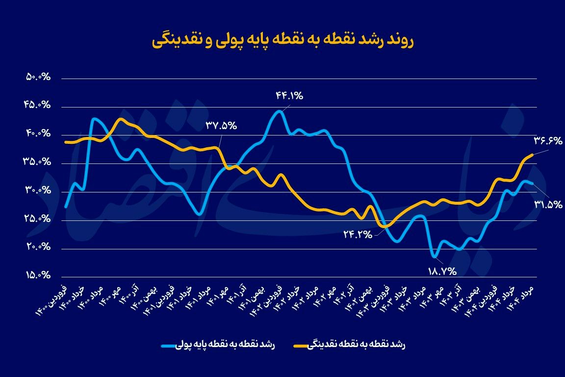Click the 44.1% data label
pos(289,96)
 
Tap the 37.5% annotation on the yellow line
pos(221,126)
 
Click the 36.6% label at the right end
pos(548,141)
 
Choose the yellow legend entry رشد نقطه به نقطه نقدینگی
pos(350,345)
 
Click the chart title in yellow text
pos(282,41)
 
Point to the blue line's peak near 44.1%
pos(279,111)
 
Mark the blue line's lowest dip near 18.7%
pos(434,256)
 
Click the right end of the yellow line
pos(533,155)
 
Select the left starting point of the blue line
pos(65,207)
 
